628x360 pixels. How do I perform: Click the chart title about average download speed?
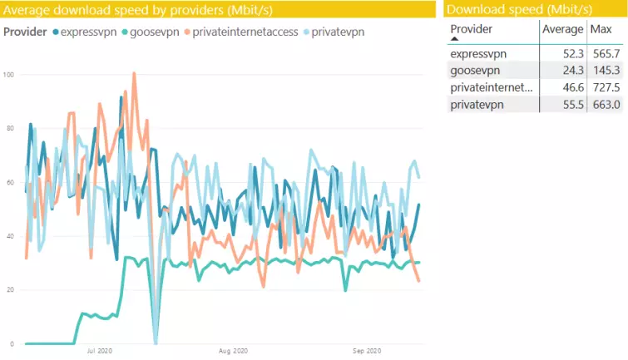click(138, 10)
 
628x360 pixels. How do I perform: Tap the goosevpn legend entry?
click(154, 32)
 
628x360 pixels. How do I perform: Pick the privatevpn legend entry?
click(337, 32)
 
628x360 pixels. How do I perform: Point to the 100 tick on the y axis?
click(10, 75)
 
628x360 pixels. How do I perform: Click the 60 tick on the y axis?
click(10, 182)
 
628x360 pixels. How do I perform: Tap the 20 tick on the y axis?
click(10, 290)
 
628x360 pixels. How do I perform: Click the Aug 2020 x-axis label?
click(235, 353)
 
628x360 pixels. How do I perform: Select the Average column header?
click(562, 29)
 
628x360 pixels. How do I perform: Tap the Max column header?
click(601, 29)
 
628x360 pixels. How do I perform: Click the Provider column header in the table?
click(471, 29)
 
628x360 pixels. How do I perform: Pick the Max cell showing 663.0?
click(605, 104)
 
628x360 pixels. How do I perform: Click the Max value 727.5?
click(605, 87)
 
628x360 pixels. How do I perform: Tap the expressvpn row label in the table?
click(478, 54)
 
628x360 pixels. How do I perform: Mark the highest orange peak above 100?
click(134, 74)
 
